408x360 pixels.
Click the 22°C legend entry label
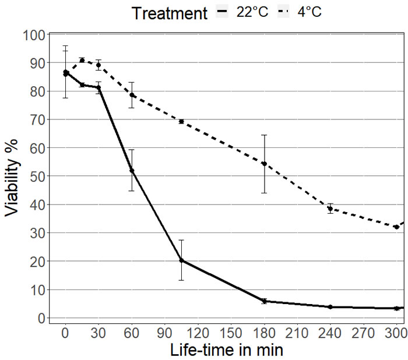tap(252, 12)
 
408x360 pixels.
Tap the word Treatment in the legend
tap(169, 13)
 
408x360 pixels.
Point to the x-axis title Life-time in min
tap(227, 351)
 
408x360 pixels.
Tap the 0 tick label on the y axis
tap(42, 318)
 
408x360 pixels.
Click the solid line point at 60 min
tap(132, 171)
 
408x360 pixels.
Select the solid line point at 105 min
tap(181, 260)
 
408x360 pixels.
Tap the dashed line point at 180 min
tap(264, 164)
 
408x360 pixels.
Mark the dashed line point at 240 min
tap(330, 209)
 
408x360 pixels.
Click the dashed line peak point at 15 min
tap(82, 60)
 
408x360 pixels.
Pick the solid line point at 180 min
tap(264, 301)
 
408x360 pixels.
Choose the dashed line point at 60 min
tap(132, 95)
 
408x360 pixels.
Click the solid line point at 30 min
tap(99, 88)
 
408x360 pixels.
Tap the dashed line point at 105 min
tap(181, 121)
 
